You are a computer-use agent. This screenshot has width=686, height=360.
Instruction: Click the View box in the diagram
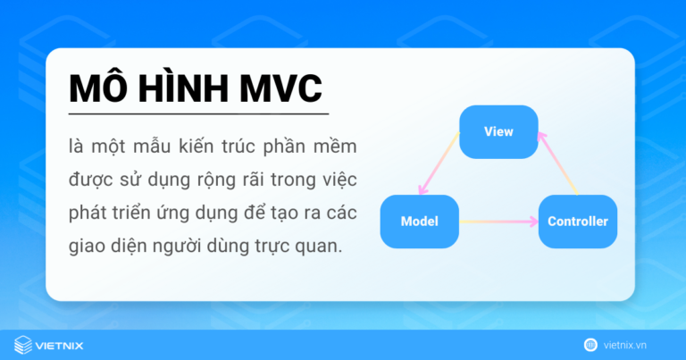(498, 131)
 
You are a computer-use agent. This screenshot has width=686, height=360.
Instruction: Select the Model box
(419, 221)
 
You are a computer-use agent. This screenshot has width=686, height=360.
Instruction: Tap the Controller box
(577, 221)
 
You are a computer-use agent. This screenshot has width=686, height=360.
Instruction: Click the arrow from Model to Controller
(498, 221)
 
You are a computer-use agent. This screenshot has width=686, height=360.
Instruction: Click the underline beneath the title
(198, 114)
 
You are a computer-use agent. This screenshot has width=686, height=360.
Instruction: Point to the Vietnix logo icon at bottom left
(23, 344)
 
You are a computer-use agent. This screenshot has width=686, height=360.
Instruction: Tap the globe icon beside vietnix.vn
(590, 344)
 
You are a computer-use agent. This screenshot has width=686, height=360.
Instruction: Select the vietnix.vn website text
(636, 344)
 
